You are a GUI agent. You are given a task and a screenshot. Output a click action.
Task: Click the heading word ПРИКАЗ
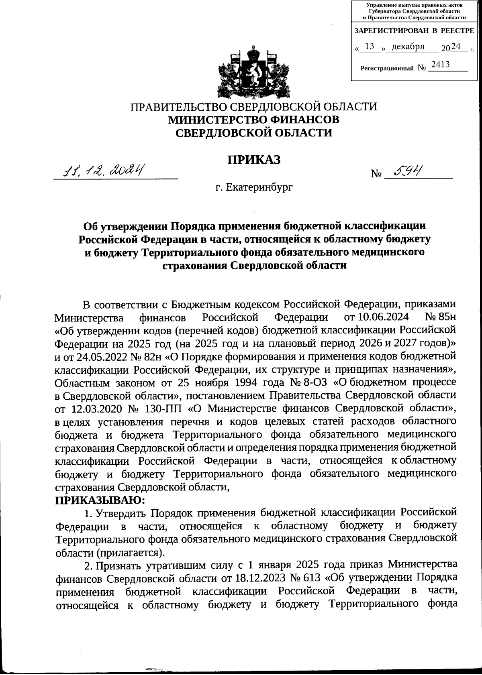253,160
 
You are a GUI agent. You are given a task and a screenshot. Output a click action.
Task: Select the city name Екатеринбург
259,187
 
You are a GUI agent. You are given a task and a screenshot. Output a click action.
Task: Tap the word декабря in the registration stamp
408,47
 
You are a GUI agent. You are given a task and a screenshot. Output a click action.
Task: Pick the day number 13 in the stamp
370,47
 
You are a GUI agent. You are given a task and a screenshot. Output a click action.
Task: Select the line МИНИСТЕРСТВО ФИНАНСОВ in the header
253,120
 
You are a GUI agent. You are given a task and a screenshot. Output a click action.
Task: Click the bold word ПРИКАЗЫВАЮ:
100,500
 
